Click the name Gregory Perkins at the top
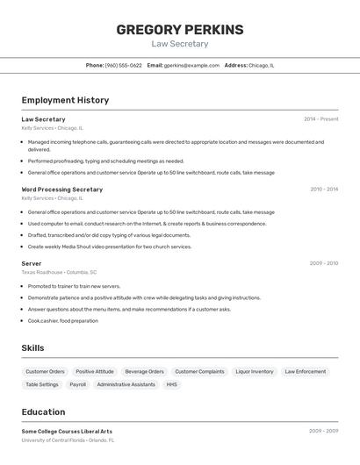point(179,30)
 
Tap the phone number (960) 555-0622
point(123,65)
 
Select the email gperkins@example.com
point(191,65)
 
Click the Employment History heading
point(65,100)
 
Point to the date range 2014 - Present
point(320,119)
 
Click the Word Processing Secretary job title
point(61,190)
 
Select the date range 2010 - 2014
point(323,190)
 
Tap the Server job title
point(32,263)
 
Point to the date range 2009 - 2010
point(323,263)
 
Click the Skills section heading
point(32,348)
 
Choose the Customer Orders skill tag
point(45,371)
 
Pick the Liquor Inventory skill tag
point(255,371)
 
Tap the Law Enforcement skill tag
point(306,371)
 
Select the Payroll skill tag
point(77,384)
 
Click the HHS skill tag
point(171,384)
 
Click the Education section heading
point(43,412)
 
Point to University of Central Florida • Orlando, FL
point(68,440)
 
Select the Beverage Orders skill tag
point(144,371)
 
